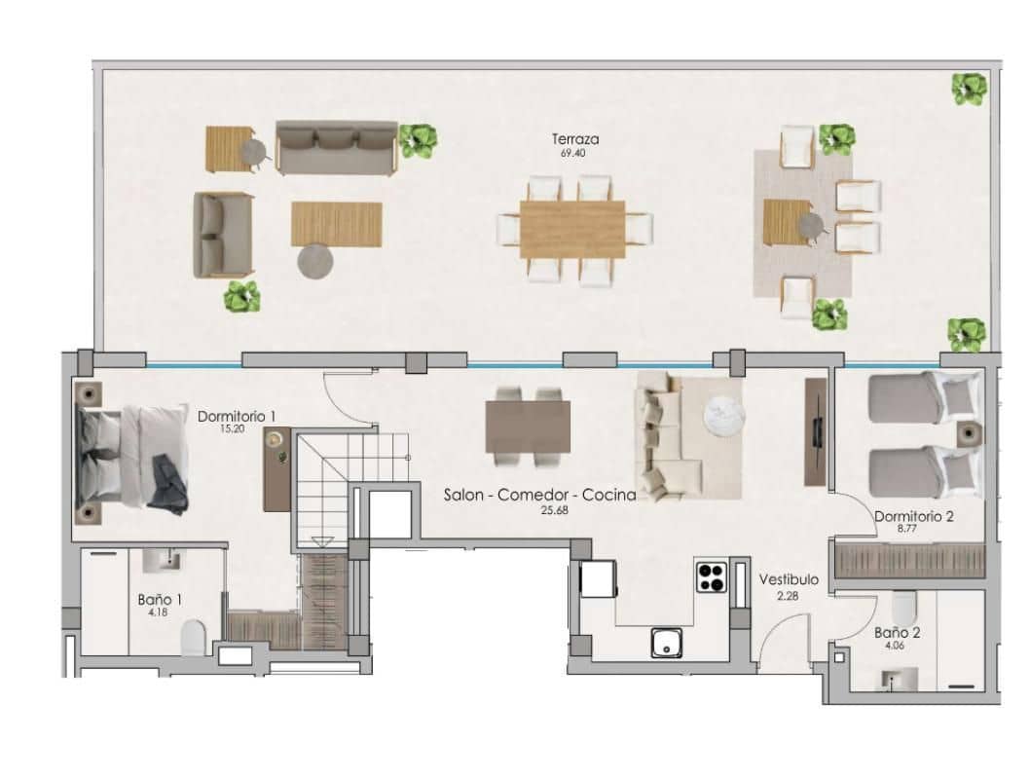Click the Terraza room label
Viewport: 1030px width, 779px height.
click(x=573, y=139)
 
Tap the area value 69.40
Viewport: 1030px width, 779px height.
click(x=573, y=153)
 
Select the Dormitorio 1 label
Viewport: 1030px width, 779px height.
click(x=237, y=416)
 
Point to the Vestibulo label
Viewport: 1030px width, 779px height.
click(x=789, y=579)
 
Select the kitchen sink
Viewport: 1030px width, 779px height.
click(x=667, y=642)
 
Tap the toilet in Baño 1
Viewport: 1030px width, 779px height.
click(x=194, y=638)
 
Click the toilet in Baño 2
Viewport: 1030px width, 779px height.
click(x=903, y=608)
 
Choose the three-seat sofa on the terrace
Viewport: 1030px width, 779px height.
click(x=336, y=147)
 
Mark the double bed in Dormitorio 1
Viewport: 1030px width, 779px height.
click(x=131, y=458)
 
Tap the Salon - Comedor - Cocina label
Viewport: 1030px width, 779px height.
click(x=539, y=495)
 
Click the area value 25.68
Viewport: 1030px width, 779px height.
click(x=539, y=508)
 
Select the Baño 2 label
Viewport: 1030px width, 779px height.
click(x=897, y=631)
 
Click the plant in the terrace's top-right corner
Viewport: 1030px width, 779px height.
click(x=969, y=91)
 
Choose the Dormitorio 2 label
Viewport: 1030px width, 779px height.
click(x=913, y=516)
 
